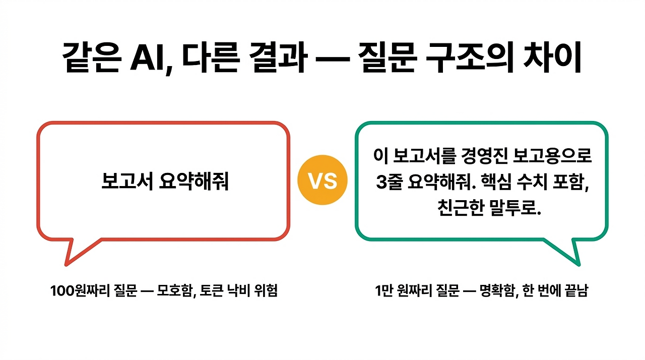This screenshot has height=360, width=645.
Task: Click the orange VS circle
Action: [x=322, y=181]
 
